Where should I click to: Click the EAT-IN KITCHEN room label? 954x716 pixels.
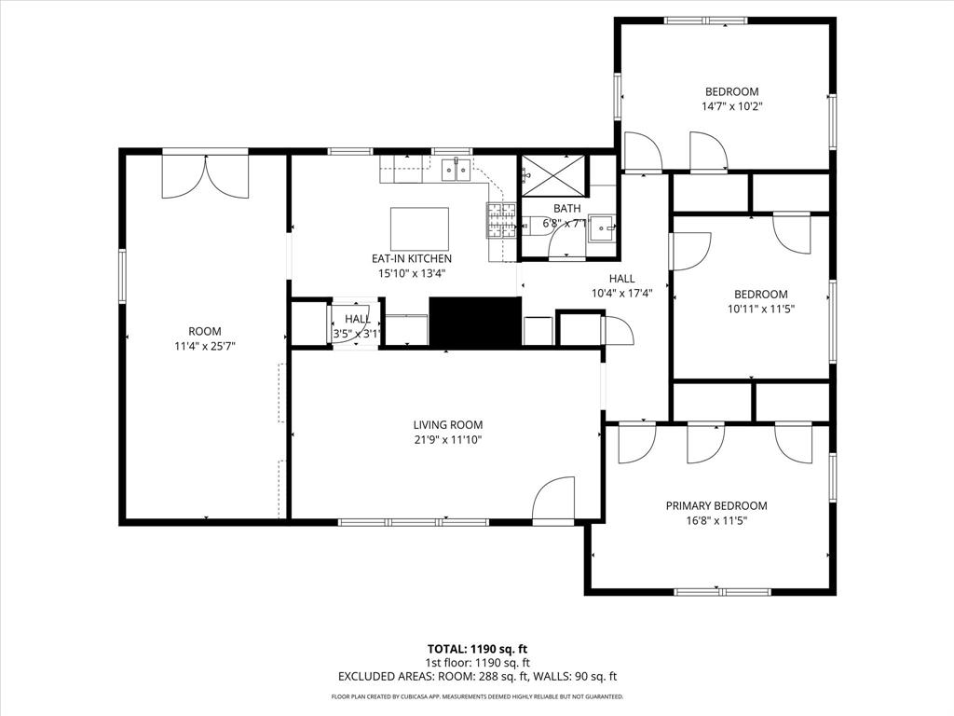412,259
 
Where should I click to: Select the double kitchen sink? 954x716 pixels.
455,170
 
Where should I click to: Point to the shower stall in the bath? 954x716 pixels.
553,172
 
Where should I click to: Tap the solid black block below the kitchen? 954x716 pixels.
474,323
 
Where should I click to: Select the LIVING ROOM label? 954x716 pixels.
447,425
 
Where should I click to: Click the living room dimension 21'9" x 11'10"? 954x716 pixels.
447,440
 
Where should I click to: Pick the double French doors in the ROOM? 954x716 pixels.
206,176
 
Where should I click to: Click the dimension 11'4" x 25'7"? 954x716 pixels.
205,346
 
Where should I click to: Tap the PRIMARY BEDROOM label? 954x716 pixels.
716,506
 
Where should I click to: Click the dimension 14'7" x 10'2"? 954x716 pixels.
731,106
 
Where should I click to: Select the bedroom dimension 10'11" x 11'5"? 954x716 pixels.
761,309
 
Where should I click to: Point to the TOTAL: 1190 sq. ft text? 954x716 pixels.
477,649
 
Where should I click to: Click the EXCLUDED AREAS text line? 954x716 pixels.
477,678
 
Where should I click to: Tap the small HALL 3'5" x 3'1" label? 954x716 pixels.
358,326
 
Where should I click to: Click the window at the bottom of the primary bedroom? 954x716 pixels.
721,591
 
